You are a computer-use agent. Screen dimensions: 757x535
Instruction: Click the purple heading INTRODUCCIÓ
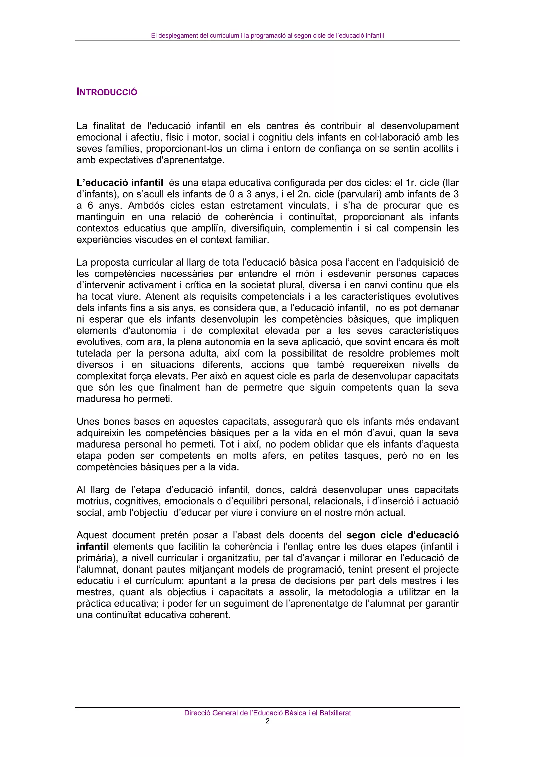click(x=107, y=92)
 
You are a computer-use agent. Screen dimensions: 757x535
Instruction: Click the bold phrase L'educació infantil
click(x=120, y=183)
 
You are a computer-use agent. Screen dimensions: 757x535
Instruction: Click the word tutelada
click(x=94, y=353)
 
